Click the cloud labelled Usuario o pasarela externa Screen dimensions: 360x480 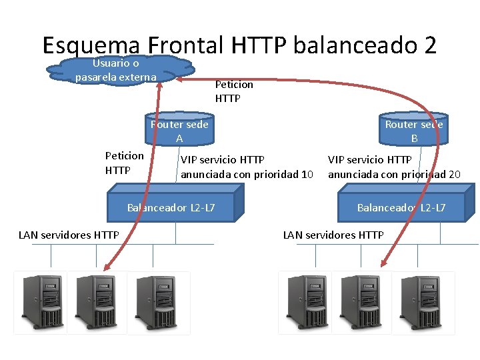coord(117,69)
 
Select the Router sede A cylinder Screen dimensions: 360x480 coord(179,131)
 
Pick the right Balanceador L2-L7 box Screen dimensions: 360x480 coord(401,208)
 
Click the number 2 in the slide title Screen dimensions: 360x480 coord(429,45)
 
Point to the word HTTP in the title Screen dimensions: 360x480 coord(259,45)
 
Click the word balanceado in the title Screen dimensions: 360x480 coord(354,45)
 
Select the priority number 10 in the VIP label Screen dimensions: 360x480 coord(307,175)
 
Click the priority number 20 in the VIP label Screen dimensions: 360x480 coord(453,175)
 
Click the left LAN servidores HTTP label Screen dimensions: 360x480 coord(69,234)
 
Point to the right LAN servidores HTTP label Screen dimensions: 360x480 coord(333,235)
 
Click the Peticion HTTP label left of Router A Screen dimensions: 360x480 coord(124,163)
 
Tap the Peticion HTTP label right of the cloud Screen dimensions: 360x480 coord(234,91)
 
